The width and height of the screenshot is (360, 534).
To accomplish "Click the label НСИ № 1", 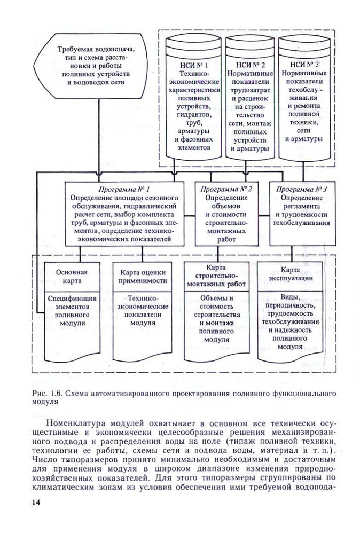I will tap(193, 65).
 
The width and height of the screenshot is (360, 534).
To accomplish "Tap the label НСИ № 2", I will tap(248, 65).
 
